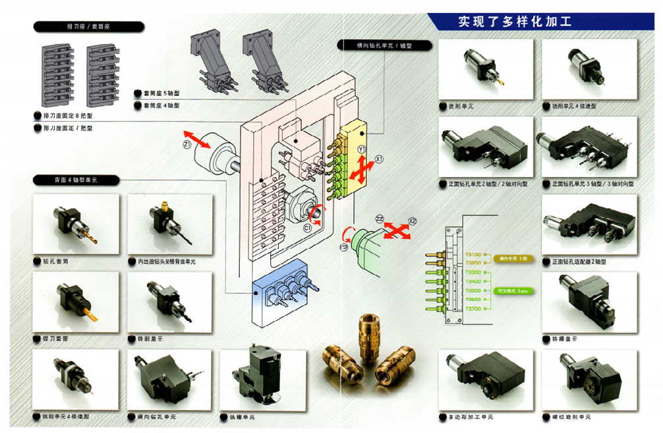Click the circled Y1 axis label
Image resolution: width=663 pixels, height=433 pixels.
(x=361, y=151)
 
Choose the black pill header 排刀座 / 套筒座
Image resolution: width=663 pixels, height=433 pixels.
(x=88, y=27)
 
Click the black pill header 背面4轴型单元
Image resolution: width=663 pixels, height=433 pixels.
(x=76, y=180)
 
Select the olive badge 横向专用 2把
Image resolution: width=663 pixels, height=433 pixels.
(x=511, y=258)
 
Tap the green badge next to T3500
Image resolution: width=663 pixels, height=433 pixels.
(x=511, y=291)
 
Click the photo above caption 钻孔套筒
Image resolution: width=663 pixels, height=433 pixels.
(x=76, y=224)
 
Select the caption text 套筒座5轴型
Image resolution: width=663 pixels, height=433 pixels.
(x=161, y=93)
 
